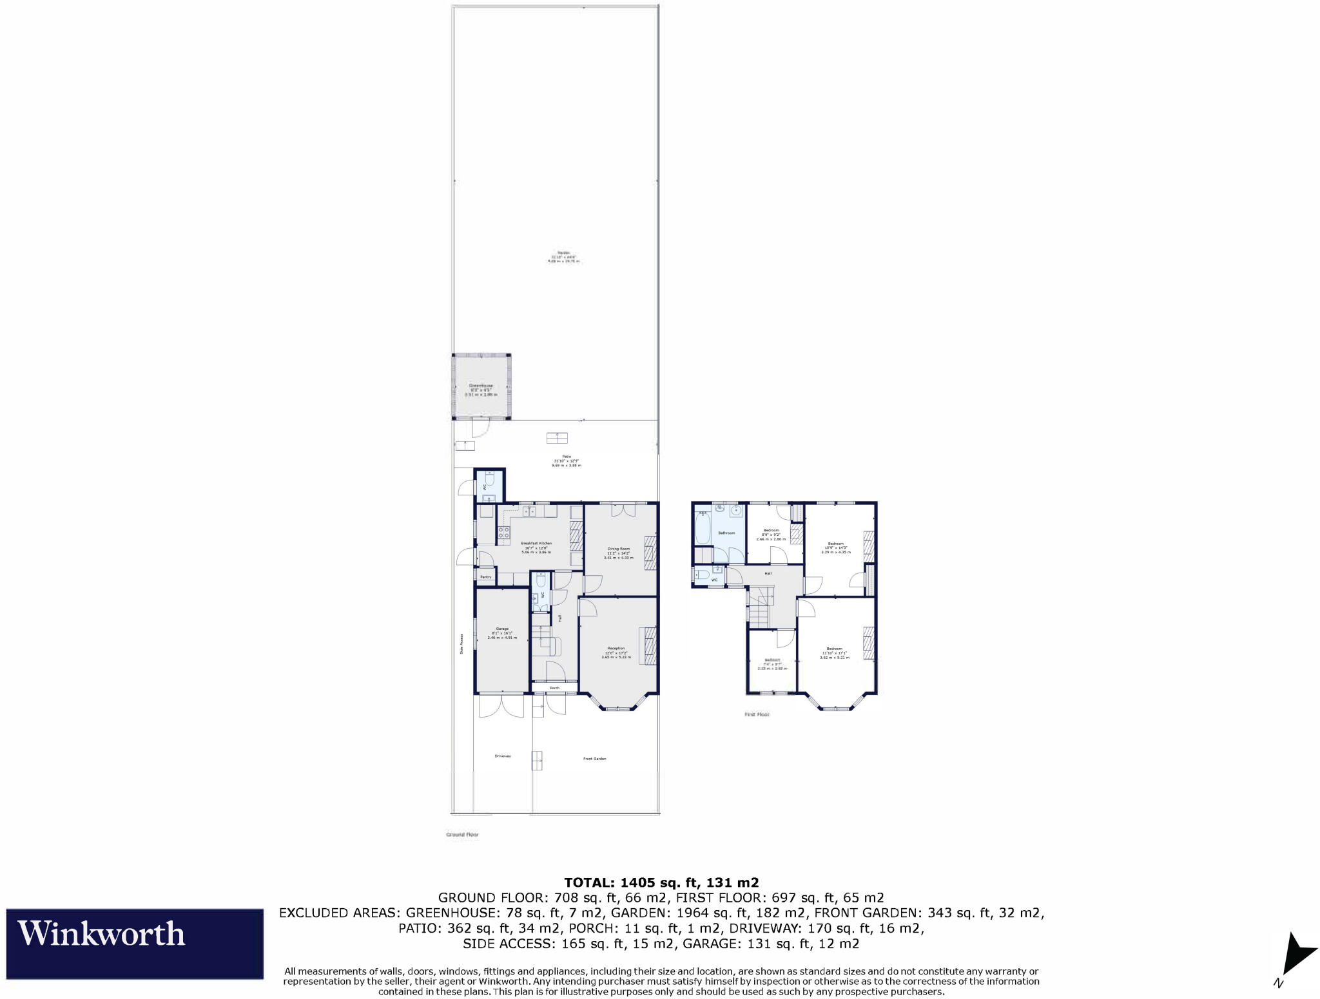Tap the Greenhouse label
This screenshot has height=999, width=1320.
point(481,386)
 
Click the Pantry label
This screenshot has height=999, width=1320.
point(485,577)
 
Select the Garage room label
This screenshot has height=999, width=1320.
point(502,629)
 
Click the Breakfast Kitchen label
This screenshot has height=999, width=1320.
point(536,544)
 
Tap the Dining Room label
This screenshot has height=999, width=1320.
point(618,549)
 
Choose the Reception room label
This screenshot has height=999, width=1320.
point(616,648)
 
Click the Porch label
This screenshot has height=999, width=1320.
point(554,688)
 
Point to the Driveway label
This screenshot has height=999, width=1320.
point(503,756)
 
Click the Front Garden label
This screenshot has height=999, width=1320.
point(594,759)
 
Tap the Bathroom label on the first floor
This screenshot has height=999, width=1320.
point(726,533)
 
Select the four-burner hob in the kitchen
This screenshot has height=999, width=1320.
point(503,533)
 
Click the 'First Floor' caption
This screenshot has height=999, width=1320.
point(757,714)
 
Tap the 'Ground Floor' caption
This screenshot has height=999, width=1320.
point(462,835)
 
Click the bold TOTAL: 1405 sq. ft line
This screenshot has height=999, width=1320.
point(661,882)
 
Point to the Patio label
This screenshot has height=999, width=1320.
point(567,457)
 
